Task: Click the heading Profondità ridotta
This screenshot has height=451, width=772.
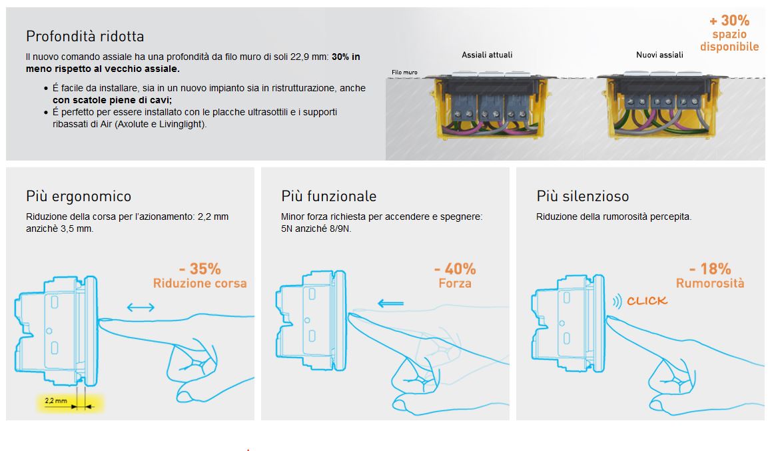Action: click(x=85, y=37)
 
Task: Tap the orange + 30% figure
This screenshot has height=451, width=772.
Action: click(x=729, y=21)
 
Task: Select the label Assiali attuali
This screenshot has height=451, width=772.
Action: click(x=487, y=55)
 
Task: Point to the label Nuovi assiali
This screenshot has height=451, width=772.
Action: click(x=659, y=55)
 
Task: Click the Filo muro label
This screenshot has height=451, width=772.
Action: click(x=404, y=73)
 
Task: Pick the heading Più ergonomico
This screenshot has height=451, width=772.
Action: click(x=79, y=197)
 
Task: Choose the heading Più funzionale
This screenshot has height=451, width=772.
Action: click(x=329, y=197)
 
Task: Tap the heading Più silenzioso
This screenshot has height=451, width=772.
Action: click(x=582, y=197)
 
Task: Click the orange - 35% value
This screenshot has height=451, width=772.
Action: click(x=200, y=269)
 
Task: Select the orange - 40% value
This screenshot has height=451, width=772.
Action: click(x=455, y=269)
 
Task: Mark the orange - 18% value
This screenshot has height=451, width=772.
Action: click(x=710, y=269)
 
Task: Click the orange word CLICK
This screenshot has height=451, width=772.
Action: click(x=647, y=301)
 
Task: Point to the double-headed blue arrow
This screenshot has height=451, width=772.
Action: click(x=141, y=308)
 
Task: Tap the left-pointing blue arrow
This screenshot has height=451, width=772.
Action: click(x=390, y=303)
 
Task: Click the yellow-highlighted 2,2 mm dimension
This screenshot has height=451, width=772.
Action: click(x=56, y=401)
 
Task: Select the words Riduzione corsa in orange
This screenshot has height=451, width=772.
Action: click(x=200, y=284)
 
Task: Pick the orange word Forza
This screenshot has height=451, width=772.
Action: click(x=455, y=284)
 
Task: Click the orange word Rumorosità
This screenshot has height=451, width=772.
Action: click(x=710, y=284)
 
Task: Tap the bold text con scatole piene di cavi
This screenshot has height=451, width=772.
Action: click(x=113, y=101)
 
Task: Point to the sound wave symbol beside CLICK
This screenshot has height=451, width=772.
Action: click(x=617, y=301)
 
